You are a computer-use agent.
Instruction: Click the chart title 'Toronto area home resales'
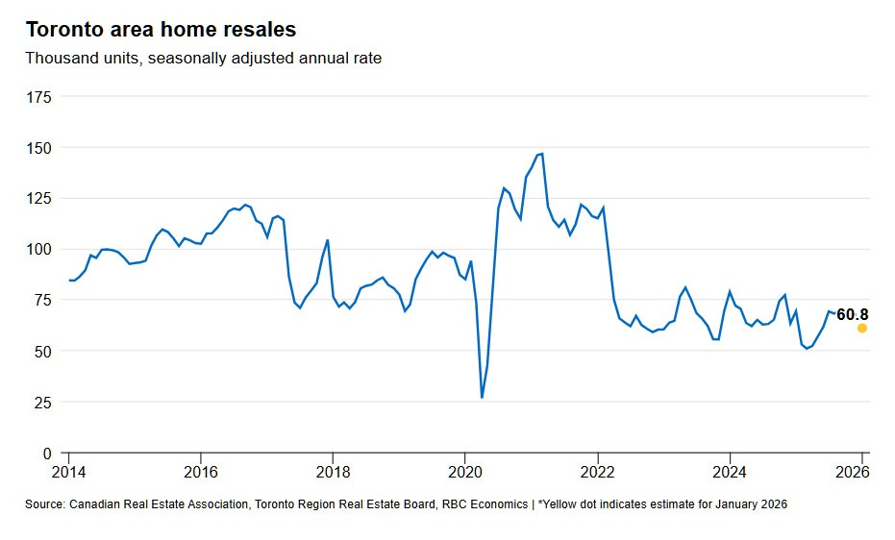click(x=161, y=29)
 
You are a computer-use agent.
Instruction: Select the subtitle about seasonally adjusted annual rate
click(x=203, y=59)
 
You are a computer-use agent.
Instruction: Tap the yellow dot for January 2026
click(x=862, y=328)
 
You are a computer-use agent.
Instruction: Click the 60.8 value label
click(x=853, y=314)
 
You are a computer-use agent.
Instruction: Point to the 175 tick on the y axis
click(x=39, y=97)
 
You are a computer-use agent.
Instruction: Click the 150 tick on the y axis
click(x=39, y=148)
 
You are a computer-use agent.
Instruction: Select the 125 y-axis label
click(x=39, y=199)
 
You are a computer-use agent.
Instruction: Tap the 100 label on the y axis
click(x=39, y=250)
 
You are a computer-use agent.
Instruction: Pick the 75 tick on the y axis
click(x=43, y=301)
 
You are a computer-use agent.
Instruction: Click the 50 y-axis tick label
click(x=43, y=352)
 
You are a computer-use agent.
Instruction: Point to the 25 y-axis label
click(x=43, y=402)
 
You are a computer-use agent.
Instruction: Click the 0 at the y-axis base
click(x=47, y=453)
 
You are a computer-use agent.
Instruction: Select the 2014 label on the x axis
click(x=68, y=472)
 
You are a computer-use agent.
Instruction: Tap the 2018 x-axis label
click(x=333, y=472)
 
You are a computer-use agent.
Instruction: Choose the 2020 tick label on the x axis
click(x=464, y=472)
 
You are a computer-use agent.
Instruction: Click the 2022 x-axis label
click(x=597, y=472)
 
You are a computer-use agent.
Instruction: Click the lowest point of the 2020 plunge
click(x=482, y=397)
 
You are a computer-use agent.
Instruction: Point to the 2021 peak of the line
click(x=542, y=154)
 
